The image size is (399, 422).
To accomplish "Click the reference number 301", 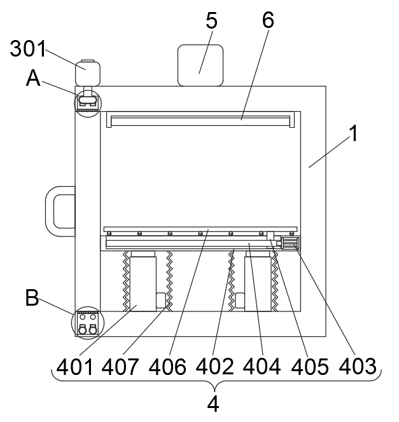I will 28,50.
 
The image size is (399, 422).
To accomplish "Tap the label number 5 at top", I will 211,21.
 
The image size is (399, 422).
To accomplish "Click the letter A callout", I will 34,79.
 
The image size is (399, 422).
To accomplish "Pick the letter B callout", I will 32,297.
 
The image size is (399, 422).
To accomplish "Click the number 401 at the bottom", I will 74,366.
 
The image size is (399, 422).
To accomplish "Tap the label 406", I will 167,366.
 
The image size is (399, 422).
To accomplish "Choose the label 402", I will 214,366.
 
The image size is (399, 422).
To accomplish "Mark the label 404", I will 261,366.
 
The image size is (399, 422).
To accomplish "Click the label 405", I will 308,366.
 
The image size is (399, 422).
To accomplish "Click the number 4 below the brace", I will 214,404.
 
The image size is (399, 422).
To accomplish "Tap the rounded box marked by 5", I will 200,65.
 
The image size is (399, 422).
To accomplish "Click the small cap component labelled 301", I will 88,72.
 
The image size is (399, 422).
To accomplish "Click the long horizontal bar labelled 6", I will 202,118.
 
